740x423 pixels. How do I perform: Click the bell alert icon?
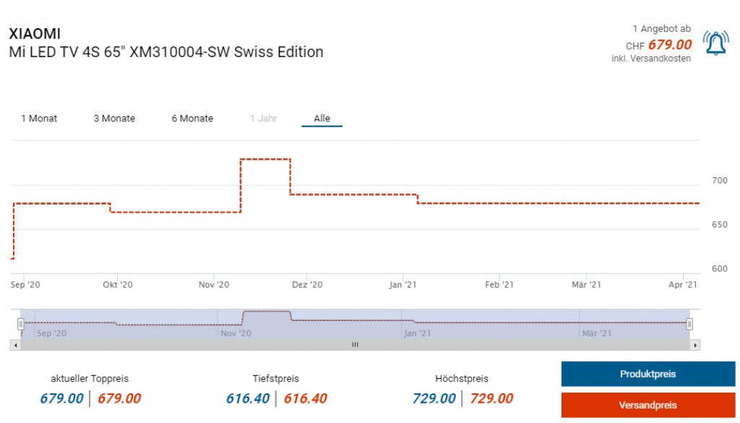tap(715, 44)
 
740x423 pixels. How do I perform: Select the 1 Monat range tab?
tap(39, 119)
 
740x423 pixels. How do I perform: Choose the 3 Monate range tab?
tap(114, 119)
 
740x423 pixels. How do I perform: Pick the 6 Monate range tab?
tap(192, 119)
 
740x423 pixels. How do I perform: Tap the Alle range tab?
tap(322, 119)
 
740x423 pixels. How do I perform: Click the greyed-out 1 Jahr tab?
tap(263, 119)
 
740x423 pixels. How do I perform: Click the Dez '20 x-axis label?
tap(307, 285)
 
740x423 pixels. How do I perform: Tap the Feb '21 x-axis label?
tap(499, 285)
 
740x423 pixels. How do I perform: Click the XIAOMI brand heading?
tap(34, 34)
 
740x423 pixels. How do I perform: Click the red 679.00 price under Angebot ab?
tap(669, 45)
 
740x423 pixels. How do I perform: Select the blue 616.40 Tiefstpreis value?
tap(248, 398)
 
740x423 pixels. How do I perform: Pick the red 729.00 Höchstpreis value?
tap(491, 398)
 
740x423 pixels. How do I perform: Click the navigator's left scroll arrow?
tap(14, 345)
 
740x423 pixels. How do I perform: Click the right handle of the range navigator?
tap(689, 323)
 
